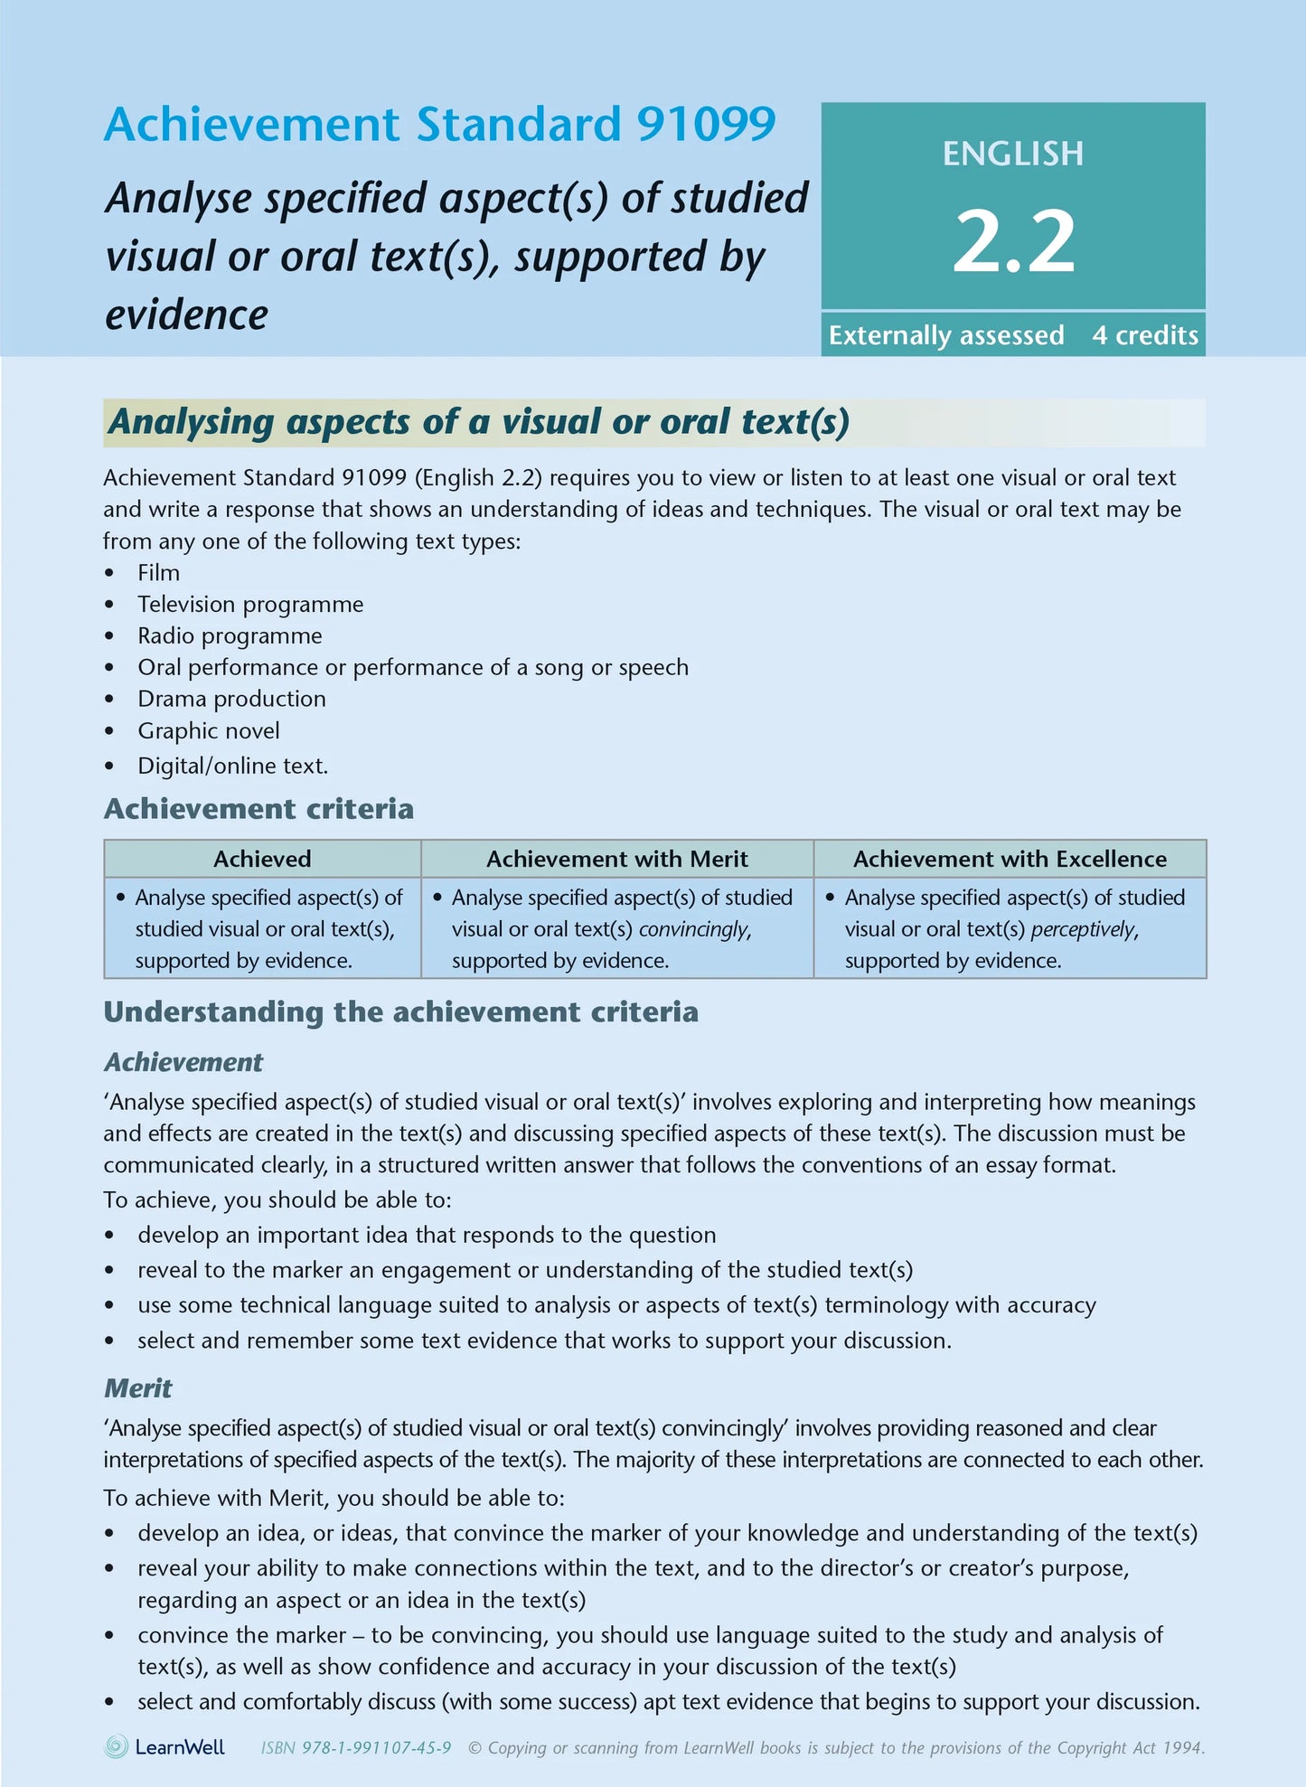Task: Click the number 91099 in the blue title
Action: tap(706, 125)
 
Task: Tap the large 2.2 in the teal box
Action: tap(1013, 241)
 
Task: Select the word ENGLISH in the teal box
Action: tap(1013, 154)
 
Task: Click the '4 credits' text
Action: tap(1144, 335)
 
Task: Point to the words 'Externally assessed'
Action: tap(945, 335)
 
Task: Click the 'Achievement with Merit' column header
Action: tap(616, 859)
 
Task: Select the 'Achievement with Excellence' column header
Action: tap(1010, 859)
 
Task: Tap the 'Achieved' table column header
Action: tap(262, 859)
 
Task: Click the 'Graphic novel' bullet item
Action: tap(208, 730)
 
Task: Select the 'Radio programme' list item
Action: tap(230, 635)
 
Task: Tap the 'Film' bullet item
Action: tap(158, 573)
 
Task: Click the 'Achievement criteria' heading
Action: tap(258, 808)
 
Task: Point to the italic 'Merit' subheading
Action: tap(137, 1388)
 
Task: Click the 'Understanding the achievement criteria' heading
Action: tap(400, 1011)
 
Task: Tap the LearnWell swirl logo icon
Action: tap(117, 1746)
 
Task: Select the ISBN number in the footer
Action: tap(376, 1748)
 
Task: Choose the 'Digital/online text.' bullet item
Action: tap(232, 766)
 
